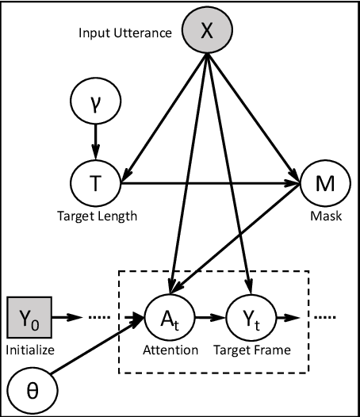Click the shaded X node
tap(205, 31)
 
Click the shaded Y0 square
tap(28, 318)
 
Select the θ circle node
tap(28, 392)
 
